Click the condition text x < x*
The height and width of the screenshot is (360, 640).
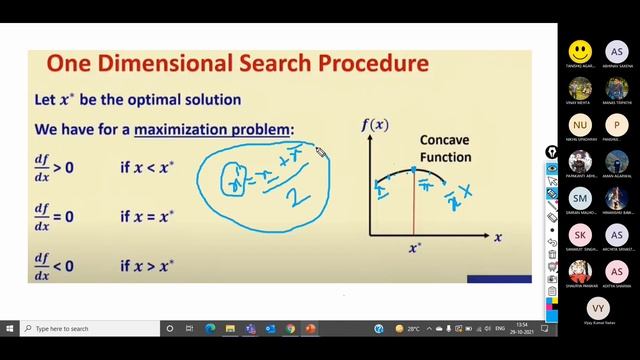pos(147,166)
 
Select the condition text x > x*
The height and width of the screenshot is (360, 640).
pos(147,266)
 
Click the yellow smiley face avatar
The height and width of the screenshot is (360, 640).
pos(579,50)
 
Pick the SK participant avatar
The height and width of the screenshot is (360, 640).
pos(579,234)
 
